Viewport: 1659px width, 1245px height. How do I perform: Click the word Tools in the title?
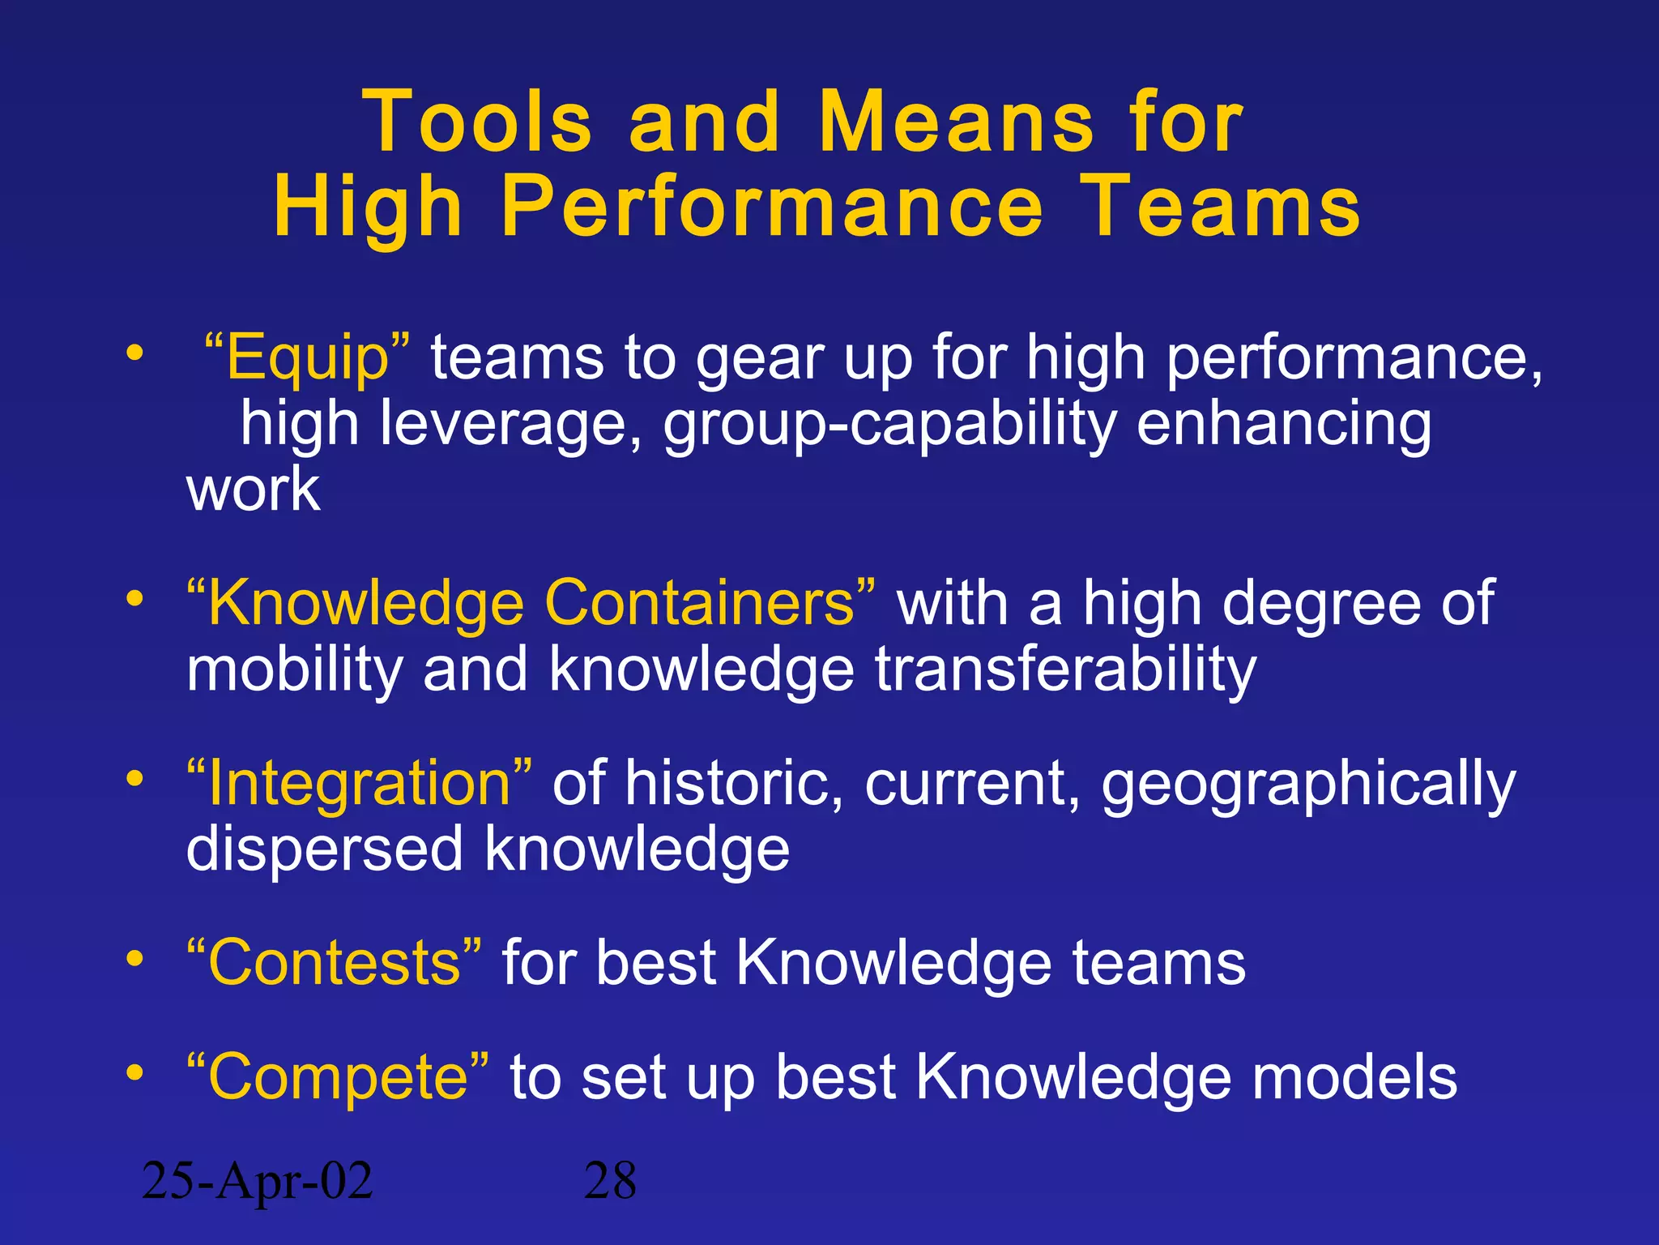[478, 122]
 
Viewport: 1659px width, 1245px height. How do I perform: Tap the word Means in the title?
[957, 122]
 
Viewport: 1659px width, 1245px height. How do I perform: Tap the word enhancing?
[1284, 424]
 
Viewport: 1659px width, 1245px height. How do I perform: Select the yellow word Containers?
[700, 603]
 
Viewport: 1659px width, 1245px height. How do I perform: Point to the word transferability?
[1065, 670]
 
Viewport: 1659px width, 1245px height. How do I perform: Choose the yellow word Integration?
[360, 783]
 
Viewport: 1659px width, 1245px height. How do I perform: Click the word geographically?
[1308, 785]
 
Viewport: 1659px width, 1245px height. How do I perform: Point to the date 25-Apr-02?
[257, 1181]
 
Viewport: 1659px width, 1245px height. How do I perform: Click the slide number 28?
[610, 1181]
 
